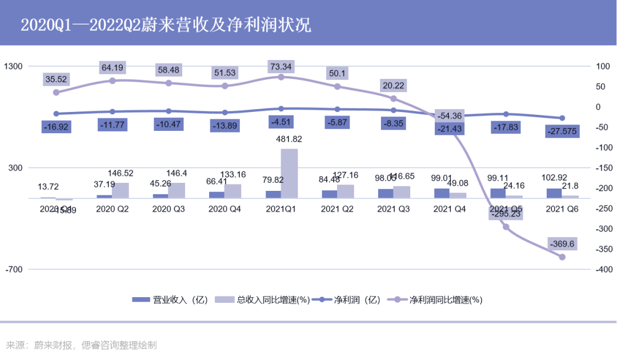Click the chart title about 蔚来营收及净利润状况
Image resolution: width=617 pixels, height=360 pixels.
166,25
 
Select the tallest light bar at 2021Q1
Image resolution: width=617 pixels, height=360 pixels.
289,173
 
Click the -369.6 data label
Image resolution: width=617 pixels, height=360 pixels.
562,245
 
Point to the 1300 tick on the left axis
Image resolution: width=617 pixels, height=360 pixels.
13,66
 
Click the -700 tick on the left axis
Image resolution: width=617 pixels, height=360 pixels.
13,269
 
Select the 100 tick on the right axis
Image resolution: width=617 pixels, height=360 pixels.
603,66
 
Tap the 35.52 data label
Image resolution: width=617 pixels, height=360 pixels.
55,79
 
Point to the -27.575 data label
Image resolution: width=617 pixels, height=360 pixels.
562,131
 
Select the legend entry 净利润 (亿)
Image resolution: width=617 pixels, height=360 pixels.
348,299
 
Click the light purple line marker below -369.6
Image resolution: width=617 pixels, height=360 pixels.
562,257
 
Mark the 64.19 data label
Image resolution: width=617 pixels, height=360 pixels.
112,67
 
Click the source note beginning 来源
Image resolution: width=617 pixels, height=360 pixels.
81,345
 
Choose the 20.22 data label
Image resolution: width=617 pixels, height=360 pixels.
393,86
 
